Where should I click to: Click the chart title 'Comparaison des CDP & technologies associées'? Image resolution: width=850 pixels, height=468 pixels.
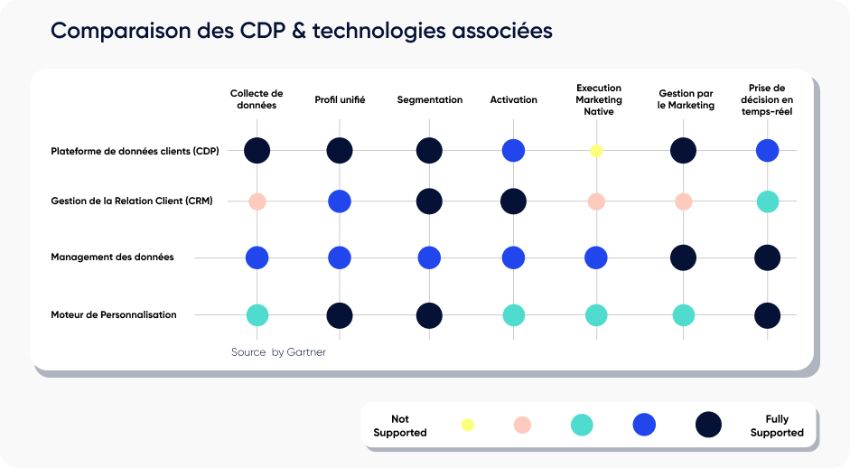(301, 31)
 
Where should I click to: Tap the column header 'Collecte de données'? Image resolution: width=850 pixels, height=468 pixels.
(257, 99)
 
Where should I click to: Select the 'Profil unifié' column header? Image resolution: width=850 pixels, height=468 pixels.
(340, 99)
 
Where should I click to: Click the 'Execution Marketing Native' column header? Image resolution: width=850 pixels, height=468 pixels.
(599, 99)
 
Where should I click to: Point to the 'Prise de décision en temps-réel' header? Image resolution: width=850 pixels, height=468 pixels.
(767, 99)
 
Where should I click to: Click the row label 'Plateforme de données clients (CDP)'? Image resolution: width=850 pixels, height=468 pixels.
(135, 151)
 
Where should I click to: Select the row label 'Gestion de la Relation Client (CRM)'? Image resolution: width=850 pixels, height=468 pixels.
(132, 201)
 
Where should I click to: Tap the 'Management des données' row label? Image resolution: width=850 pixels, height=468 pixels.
(112, 257)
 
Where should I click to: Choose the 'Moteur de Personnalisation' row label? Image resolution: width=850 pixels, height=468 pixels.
(114, 314)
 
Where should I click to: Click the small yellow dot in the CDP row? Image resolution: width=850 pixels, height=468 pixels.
(596, 151)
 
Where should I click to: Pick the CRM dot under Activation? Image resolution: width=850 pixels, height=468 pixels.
(513, 201)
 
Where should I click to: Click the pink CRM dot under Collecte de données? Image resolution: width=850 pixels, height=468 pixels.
(257, 201)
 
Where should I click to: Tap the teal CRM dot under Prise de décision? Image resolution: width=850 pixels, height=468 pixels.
(767, 201)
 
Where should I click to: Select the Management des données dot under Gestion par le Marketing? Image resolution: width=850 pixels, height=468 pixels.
(683, 257)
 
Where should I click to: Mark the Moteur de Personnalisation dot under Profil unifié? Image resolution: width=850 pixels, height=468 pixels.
(340, 315)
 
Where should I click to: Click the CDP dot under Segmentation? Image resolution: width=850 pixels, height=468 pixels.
(429, 151)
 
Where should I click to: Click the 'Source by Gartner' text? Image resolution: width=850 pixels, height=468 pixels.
(278, 352)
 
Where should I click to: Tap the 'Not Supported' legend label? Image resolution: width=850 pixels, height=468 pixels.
(400, 426)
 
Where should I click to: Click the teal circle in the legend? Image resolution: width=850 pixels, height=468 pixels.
(582, 425)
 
